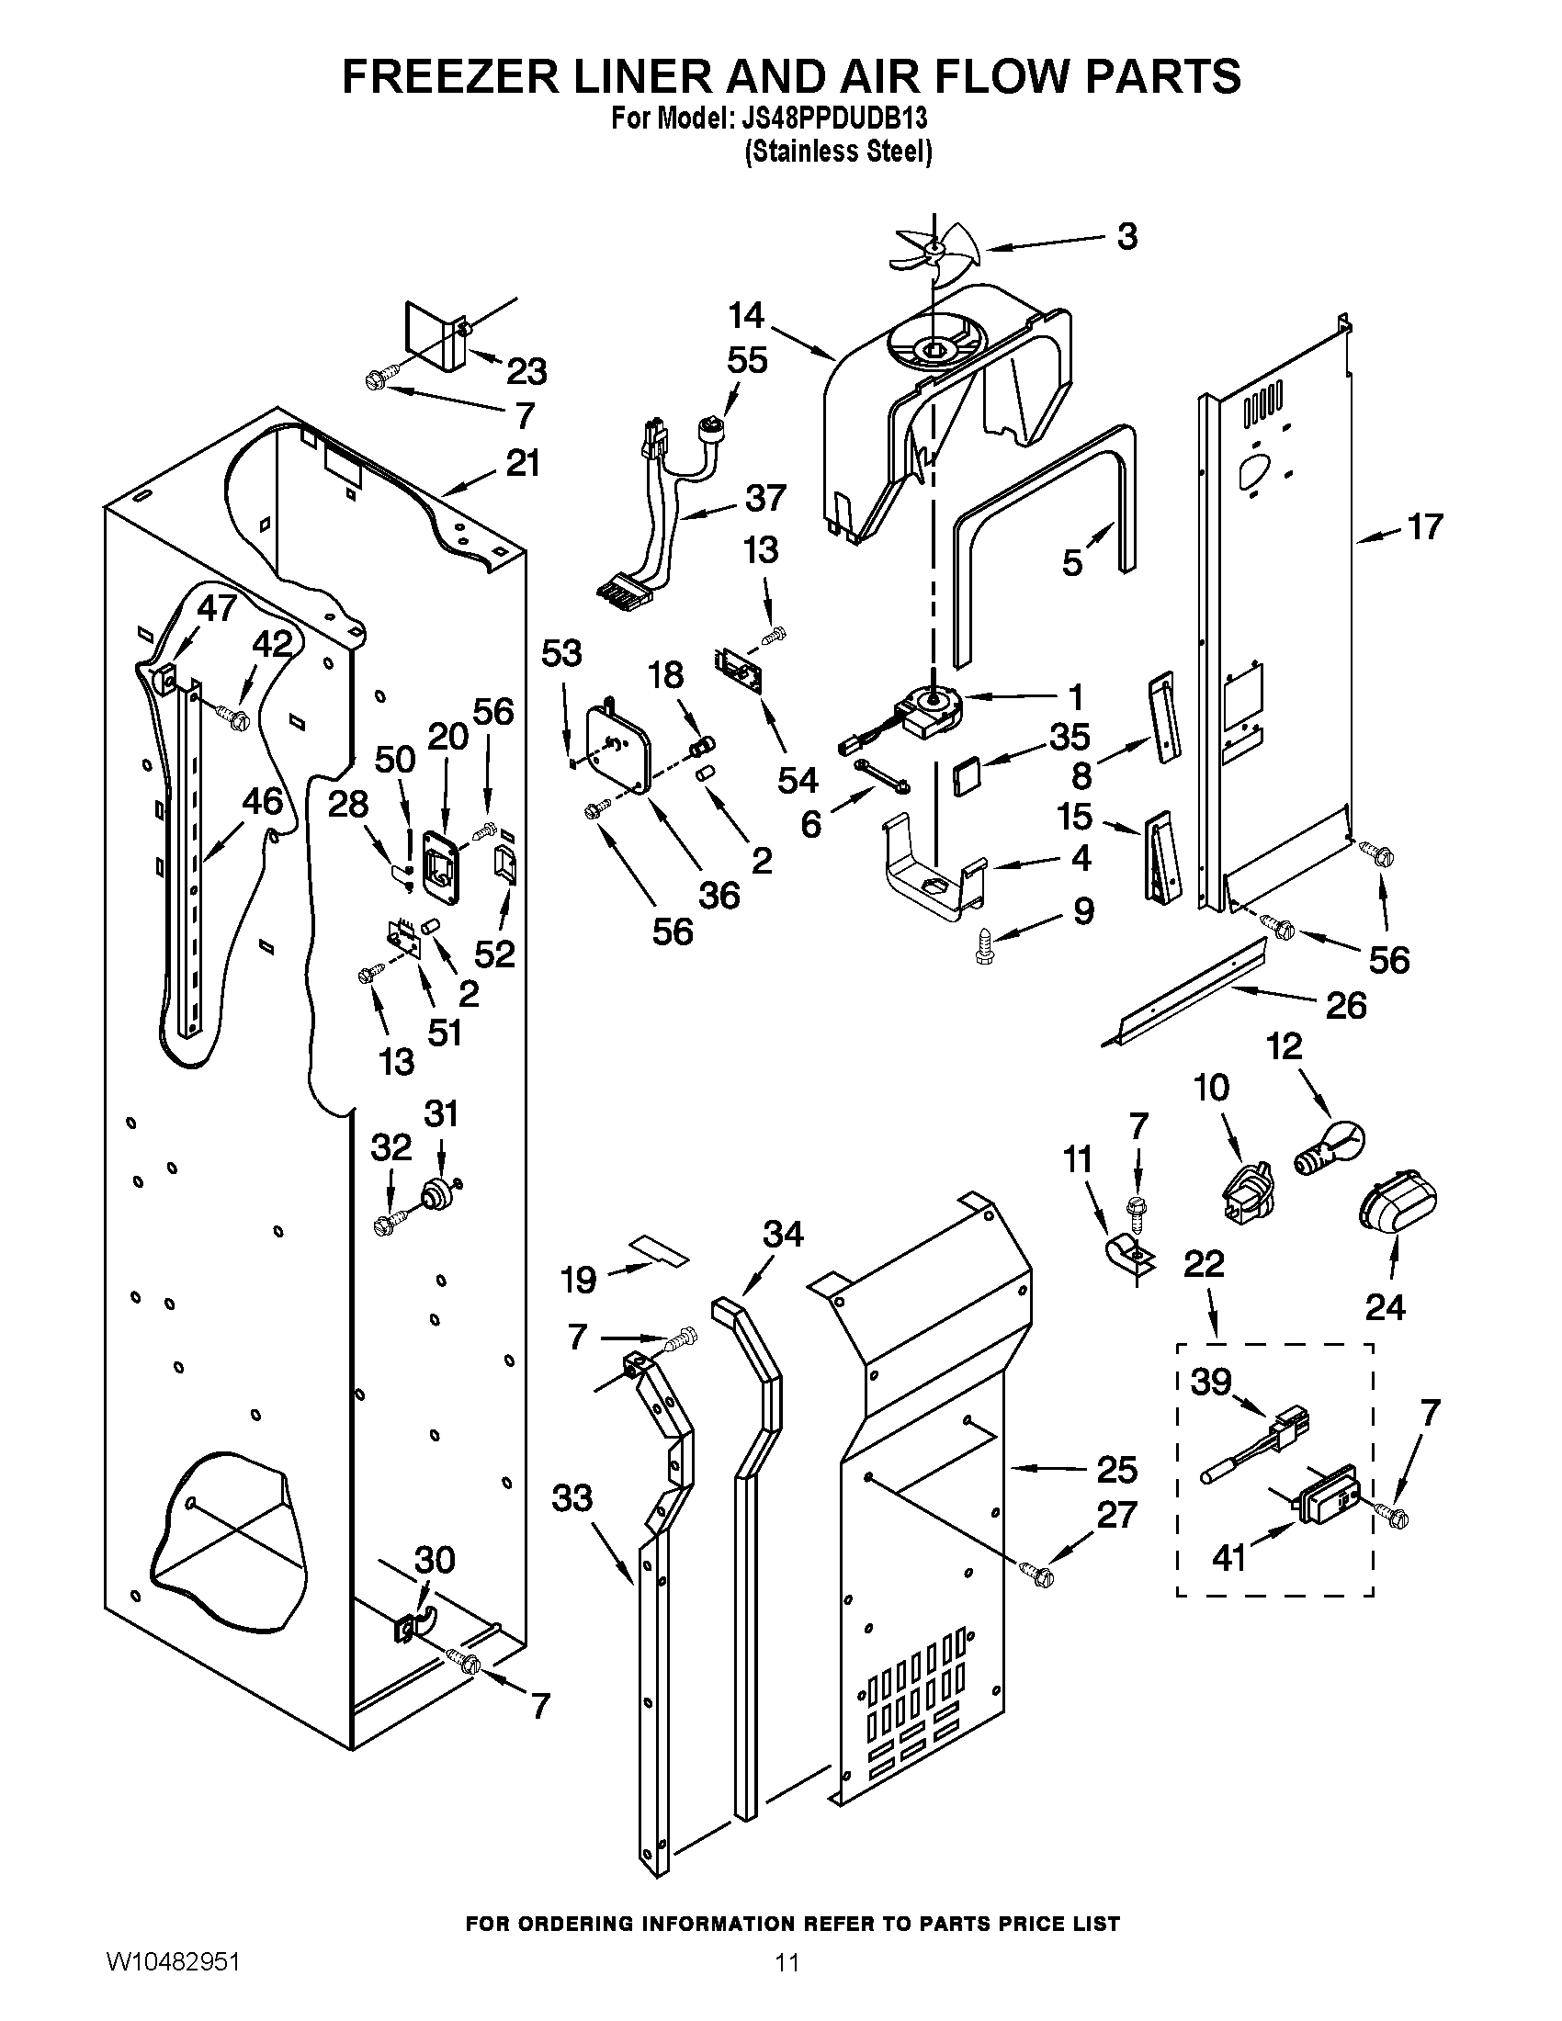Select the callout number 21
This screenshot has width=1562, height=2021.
523,463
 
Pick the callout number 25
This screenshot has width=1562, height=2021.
1117,1469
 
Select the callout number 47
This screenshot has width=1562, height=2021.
218,608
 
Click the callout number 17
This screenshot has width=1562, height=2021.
1424,526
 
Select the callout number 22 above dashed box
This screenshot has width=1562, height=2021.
1204,1263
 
